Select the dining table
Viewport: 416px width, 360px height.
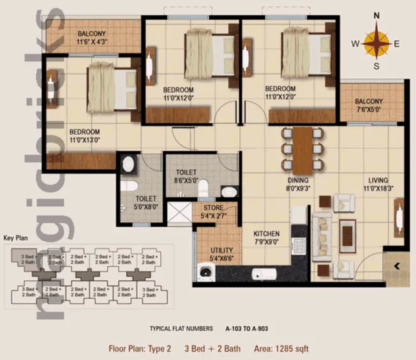(303, 151)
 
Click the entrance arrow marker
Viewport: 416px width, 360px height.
(397, 266)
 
